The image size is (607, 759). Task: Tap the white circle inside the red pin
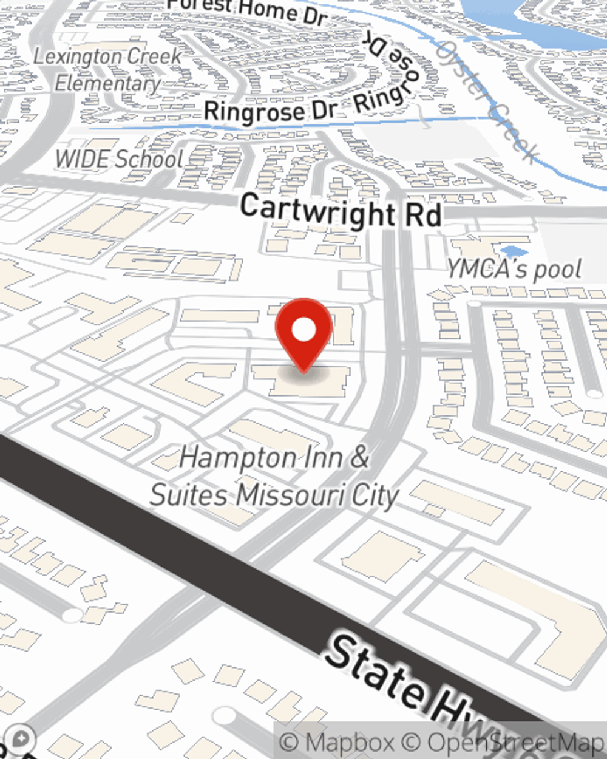click(303, 330)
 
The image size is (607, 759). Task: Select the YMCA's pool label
click(515, 269)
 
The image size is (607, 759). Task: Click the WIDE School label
click(119, 159)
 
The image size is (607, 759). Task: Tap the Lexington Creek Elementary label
click(108, 69)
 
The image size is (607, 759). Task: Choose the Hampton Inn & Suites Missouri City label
click(274, 476)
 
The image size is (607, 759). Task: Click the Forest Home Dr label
click(248, 10)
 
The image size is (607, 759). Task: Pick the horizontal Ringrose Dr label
click(270, 111)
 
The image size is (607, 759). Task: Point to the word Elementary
click(108, 83)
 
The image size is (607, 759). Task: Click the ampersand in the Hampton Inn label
click(359, 457)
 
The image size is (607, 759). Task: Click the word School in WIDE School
click(149, 159)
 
